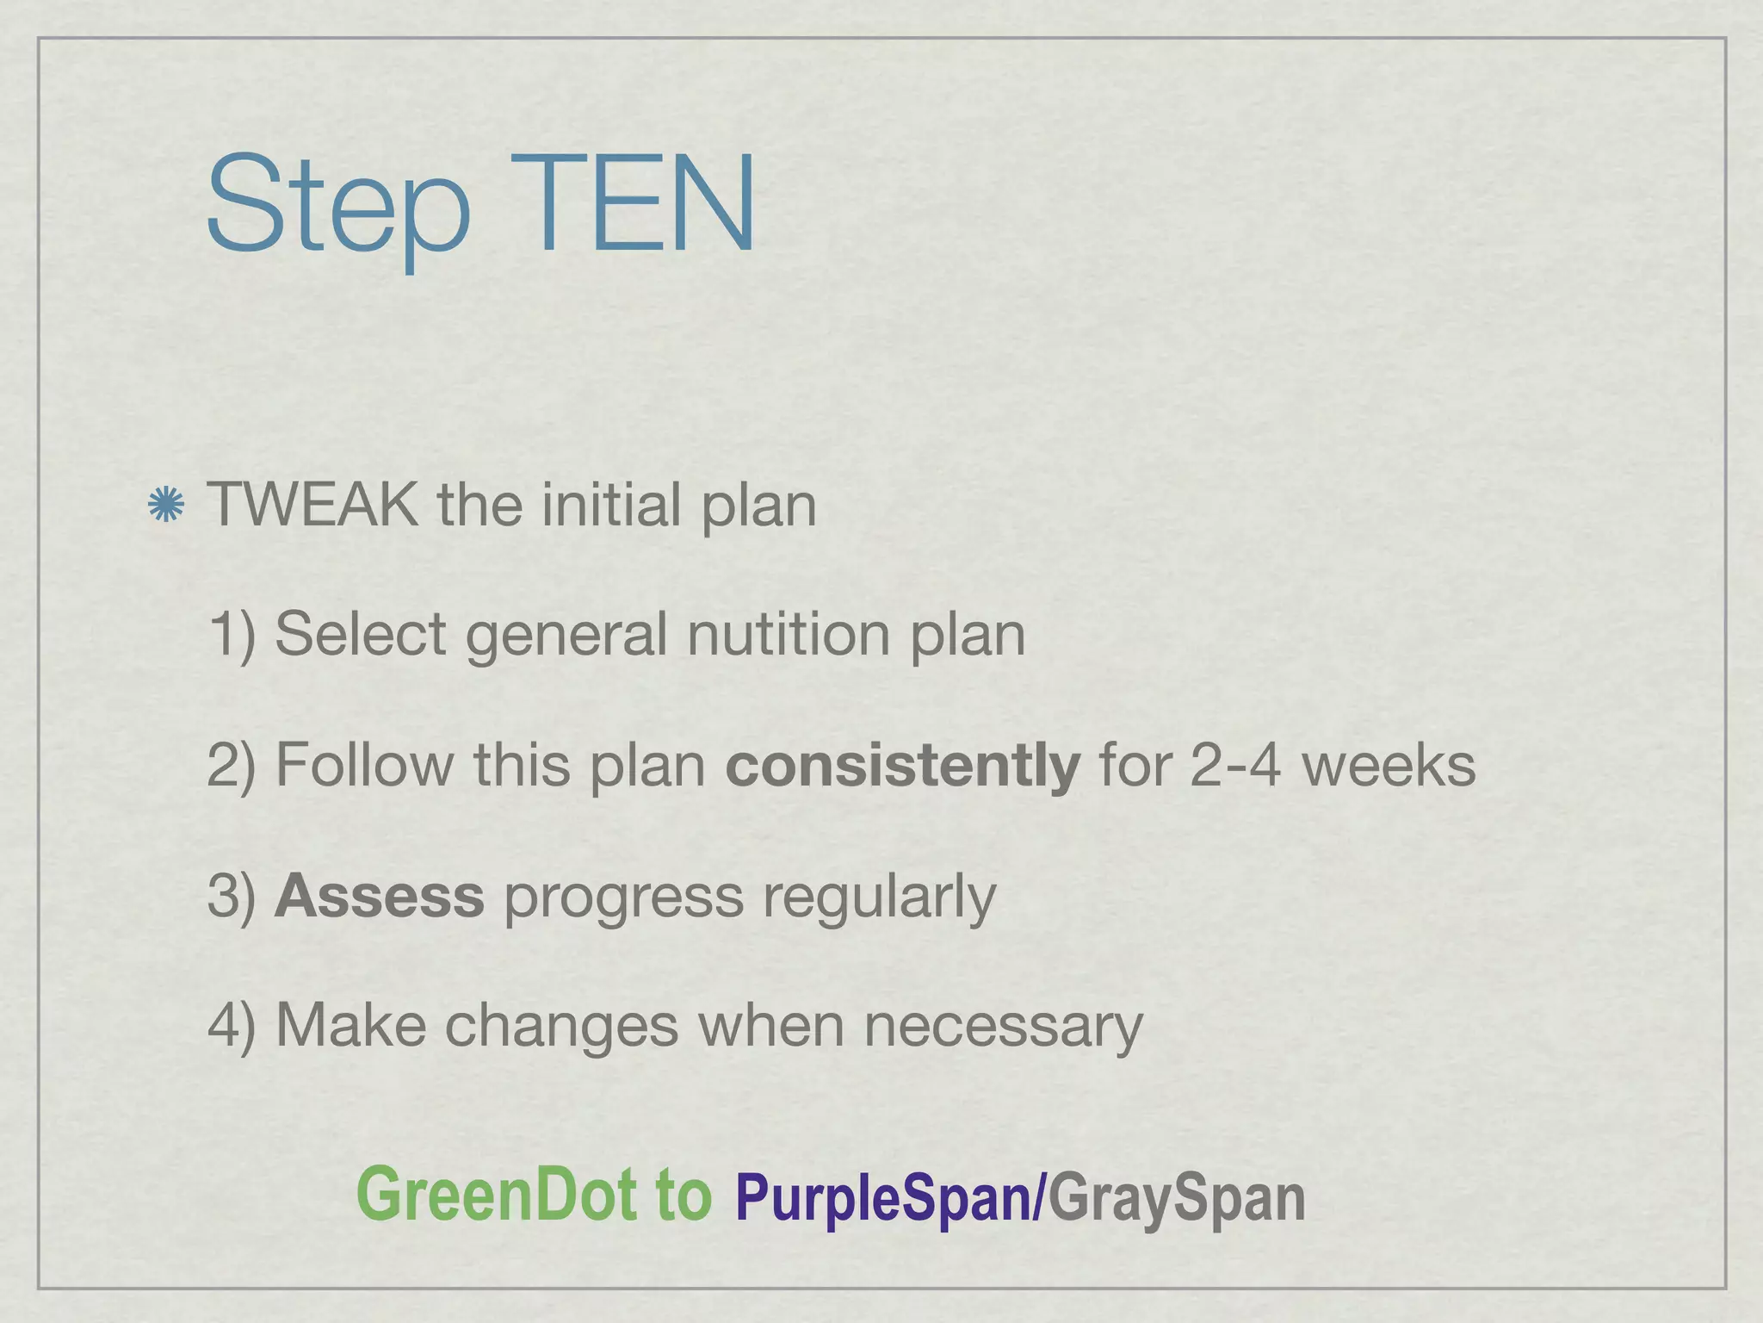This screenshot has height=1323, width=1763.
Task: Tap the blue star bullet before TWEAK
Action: [165, 505]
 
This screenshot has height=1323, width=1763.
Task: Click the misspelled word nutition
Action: [788, 635]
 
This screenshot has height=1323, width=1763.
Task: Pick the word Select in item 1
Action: [361, 635]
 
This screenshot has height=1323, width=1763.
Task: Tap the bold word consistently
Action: [902, 765]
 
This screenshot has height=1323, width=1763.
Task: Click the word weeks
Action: [1388, 765]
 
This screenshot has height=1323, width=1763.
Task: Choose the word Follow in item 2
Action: [364, 765]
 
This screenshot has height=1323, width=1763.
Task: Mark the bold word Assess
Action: [379, 896]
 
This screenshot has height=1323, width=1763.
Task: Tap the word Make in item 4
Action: [350, 1025]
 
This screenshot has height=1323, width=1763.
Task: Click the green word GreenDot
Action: [496, 1194]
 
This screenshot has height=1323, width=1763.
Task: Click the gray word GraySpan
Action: [1176, 1198]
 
